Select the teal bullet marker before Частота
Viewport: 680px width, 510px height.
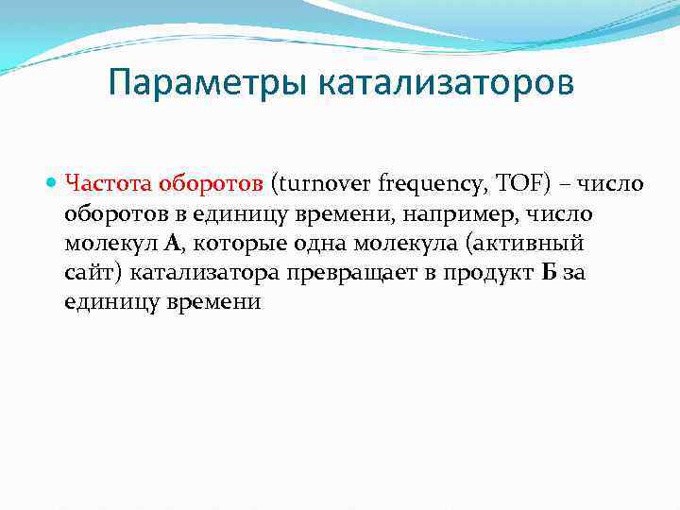(54, 182)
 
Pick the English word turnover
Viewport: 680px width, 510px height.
(322, 182)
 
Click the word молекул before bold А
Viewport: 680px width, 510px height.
(110, 243)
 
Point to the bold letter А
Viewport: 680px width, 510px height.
(171, 243)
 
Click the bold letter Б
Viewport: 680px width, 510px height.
(551, 273)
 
